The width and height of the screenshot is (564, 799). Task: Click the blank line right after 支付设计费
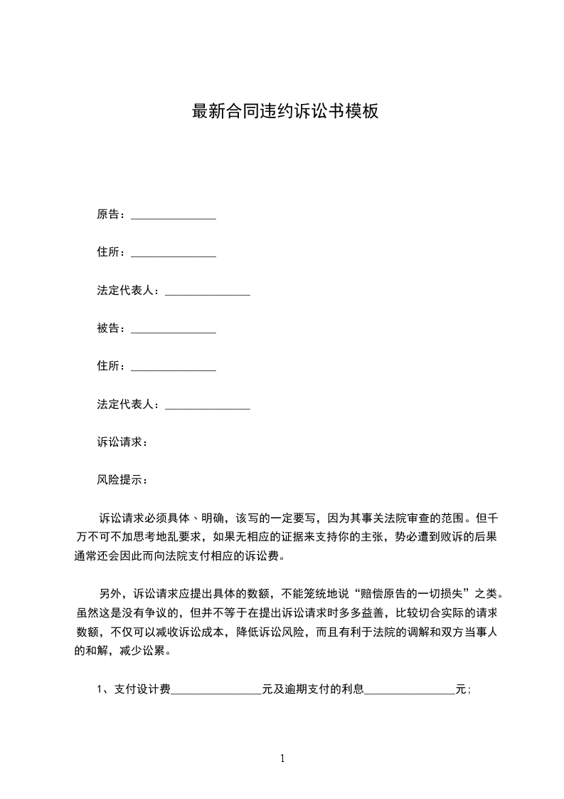click(x=216, y=691)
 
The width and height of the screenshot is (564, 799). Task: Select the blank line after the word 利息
click(x=410, y=691)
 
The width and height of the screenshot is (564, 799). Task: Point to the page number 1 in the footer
click(x=282, y=758)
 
